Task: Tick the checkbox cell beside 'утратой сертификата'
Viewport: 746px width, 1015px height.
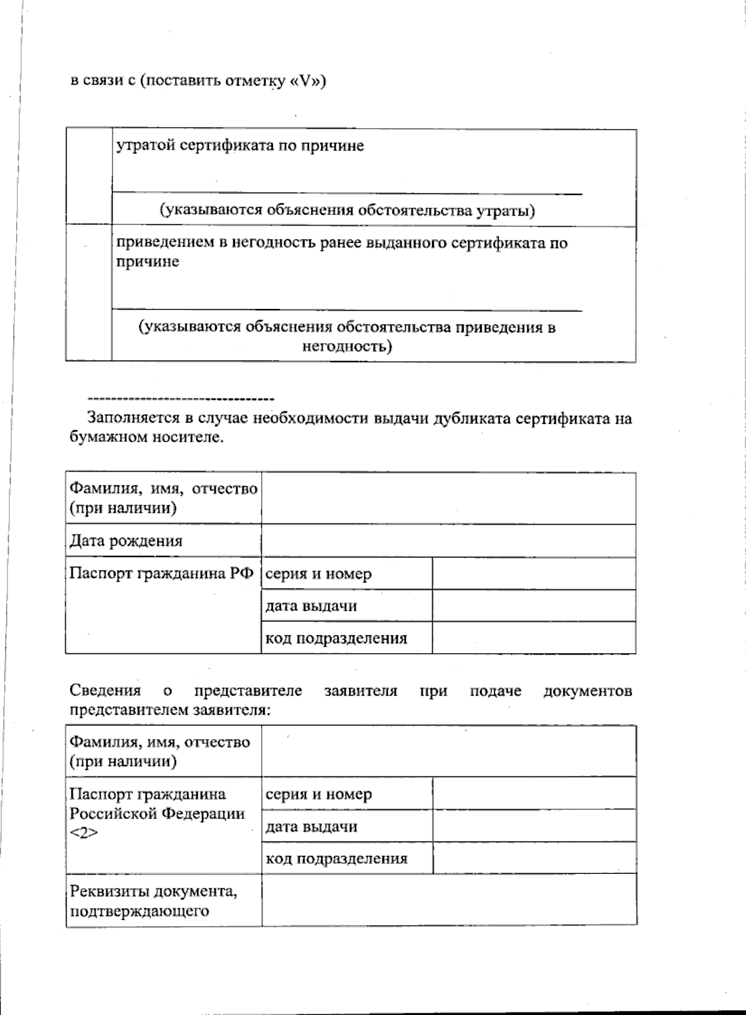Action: point(88,177)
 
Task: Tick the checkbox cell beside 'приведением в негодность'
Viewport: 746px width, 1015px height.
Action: point(88,293)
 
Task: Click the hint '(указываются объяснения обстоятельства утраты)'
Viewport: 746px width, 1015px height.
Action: point(348,211)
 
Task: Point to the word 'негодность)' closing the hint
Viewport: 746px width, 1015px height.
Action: point(347,346)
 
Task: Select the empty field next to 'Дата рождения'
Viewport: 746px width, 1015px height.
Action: point(448,541)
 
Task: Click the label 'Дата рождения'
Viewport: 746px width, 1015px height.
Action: point(126,541)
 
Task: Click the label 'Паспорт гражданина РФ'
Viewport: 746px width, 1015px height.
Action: point(162,573)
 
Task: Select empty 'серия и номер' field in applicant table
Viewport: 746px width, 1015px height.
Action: point(533,573)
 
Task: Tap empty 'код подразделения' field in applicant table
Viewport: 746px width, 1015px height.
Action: point(533,638)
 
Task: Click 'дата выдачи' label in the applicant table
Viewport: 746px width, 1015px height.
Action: point(311,606)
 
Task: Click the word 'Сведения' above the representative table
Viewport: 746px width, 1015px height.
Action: point(105,691)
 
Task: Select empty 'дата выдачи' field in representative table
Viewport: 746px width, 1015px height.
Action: point(534,826)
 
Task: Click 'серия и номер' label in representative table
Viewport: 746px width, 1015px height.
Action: point(318,794)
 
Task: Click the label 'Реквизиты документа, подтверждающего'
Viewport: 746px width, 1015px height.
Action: point(153,901)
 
